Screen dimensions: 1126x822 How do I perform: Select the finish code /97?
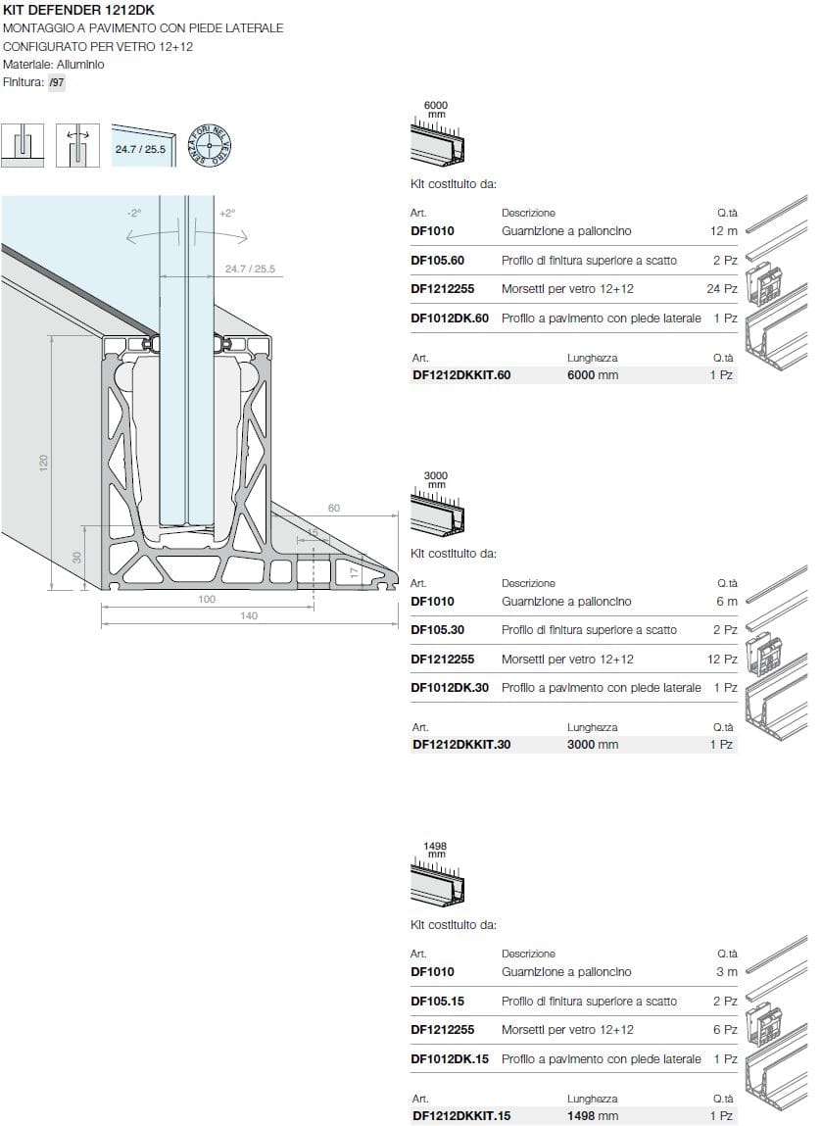tap(57, 83)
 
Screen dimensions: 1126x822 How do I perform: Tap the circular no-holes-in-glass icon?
tap(210, 146)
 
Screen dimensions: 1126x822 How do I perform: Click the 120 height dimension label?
tap(43, 463)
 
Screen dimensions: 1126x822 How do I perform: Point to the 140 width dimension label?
tap(249, 615)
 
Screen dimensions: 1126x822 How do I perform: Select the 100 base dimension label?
tap(207, 599)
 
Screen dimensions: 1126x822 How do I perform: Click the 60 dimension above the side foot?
tap(334, 508)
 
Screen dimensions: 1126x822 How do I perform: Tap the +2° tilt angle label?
tap(226, 213)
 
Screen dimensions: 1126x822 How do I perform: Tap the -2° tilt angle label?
tap(134, 213)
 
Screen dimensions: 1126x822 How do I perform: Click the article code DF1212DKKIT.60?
tap(461, 374)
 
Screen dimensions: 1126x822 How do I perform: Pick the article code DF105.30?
tap(437, 630)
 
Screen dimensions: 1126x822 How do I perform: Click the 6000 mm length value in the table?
tap(593, 374)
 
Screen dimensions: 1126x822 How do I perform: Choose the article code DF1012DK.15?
tap(450, 1058)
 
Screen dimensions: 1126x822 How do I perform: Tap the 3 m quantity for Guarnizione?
tap(726, 972)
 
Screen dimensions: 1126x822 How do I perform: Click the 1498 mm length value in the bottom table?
tap(593, 1115)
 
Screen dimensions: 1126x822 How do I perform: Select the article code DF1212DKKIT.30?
tap(461, 744)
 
